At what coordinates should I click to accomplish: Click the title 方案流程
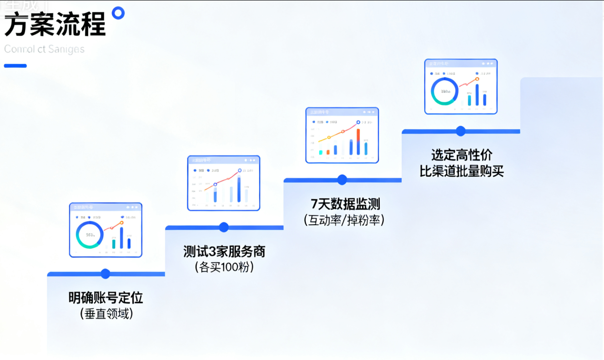55,25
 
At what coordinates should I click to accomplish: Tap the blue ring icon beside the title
118,13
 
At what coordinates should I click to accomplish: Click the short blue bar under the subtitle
15,66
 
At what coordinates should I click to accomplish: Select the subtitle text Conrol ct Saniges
44,49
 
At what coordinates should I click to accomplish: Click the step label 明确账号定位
106,298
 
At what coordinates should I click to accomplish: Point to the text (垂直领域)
106,314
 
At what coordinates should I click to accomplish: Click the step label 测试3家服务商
224,251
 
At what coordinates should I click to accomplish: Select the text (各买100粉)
224,267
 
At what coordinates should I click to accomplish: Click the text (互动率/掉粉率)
344,220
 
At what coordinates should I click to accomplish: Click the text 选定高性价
462,155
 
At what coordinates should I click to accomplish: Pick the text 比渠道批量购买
462,171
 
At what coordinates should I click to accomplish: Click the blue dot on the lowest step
106,274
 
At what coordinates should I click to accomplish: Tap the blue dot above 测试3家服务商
224,227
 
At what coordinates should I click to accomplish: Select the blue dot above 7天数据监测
342,180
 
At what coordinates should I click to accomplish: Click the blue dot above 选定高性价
461,131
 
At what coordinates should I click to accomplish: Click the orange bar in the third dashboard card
358,135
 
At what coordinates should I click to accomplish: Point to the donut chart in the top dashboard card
444,91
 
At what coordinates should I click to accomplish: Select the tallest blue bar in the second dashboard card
239,189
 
